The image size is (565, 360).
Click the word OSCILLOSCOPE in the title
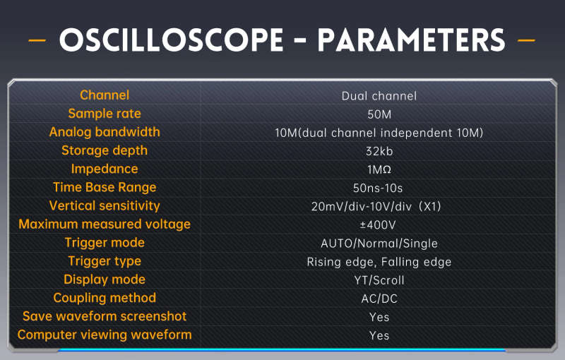pyautogui.click(x=172, y=40)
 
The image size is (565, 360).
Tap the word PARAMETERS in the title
pyautogui.click(x=411, y=40)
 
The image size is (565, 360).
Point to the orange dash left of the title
pyautogui.click(x=37, y=40)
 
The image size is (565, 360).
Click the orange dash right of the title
pyautogui.click(x=526, y=40)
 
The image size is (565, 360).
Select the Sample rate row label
pyautogui.click(x=105, y=114)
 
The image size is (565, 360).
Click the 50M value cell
pyautogui.click(x=379, y=114)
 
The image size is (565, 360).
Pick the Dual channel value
pyautogui.click(x=379, y=96)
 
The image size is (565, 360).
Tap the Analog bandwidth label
pyautogui.click(x=105, y=132)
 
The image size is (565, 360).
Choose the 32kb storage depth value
pyautogui.click(x=379, y=151)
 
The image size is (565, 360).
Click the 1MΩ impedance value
pyautogui.click(x=379, y=169)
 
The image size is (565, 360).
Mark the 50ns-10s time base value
pyautogui.click(x=378, y=188)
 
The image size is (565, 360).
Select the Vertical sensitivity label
pyautogui.click(x=105, y=206)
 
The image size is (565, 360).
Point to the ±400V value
pyautogui.click(x=378, y=225)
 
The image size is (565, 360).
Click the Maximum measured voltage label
pyautogui.click(x=105, y=224)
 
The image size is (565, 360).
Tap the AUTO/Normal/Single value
pyautogui.click(x=379, y=244)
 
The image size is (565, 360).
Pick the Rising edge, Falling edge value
pyautogui.click(x=379, y=262)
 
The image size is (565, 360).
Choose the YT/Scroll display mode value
pyautogui.click(x=379, y=280)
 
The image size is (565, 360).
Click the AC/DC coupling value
pyautogui.click(x=379, y=299)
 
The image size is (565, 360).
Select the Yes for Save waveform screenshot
pyautogui.click(x=379, y=317)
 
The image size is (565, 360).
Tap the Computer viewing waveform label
pyautogui.click(x=105, y=335)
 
